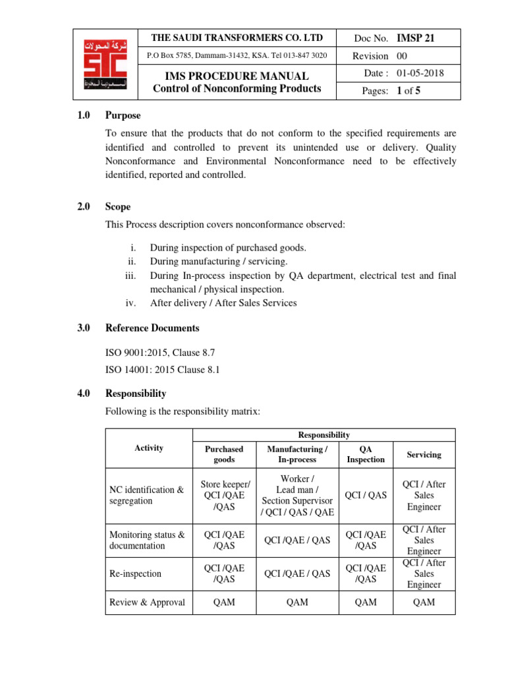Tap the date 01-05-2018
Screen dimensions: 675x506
(x=420, y=73)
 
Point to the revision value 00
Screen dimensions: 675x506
(x=402, y=56)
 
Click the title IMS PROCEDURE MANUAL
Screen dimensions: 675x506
(x=237, y=76)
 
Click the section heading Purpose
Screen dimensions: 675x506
(x=123, y=115)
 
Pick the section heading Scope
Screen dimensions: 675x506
(x=118, y=207)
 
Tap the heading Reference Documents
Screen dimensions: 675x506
(x=152, y=328)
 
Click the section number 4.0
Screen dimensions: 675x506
(x=83, y=394)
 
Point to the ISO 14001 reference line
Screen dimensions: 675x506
(x=162, y=370)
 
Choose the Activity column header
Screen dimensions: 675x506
(x=148, y=448)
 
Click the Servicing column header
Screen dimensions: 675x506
(x=424, y=455)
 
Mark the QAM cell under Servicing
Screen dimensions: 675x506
(x=424, y=602)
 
